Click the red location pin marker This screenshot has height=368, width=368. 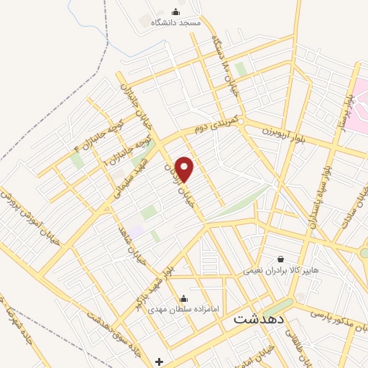pos(185,169)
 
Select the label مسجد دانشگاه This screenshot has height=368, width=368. pos(175,23)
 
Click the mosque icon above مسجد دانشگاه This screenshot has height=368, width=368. pos(176,11)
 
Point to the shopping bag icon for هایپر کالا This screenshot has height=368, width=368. pos(280,259)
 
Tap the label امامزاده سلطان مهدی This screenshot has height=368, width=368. pos(180,310)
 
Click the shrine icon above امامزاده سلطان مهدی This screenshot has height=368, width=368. pos(183,298)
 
